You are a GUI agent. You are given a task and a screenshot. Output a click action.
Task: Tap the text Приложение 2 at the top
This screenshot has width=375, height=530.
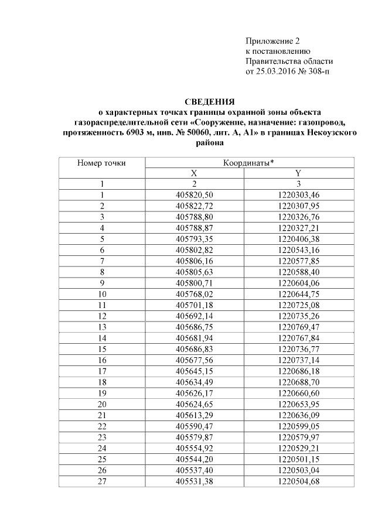click(x=272, y=41)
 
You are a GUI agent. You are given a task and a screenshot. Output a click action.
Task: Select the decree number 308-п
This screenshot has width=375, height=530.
click(x=323, y=72)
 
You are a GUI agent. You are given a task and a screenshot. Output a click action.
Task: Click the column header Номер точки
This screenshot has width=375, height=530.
click(x=101, y=163)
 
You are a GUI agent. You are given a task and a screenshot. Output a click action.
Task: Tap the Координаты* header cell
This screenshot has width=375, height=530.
click(x=248, y=163)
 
